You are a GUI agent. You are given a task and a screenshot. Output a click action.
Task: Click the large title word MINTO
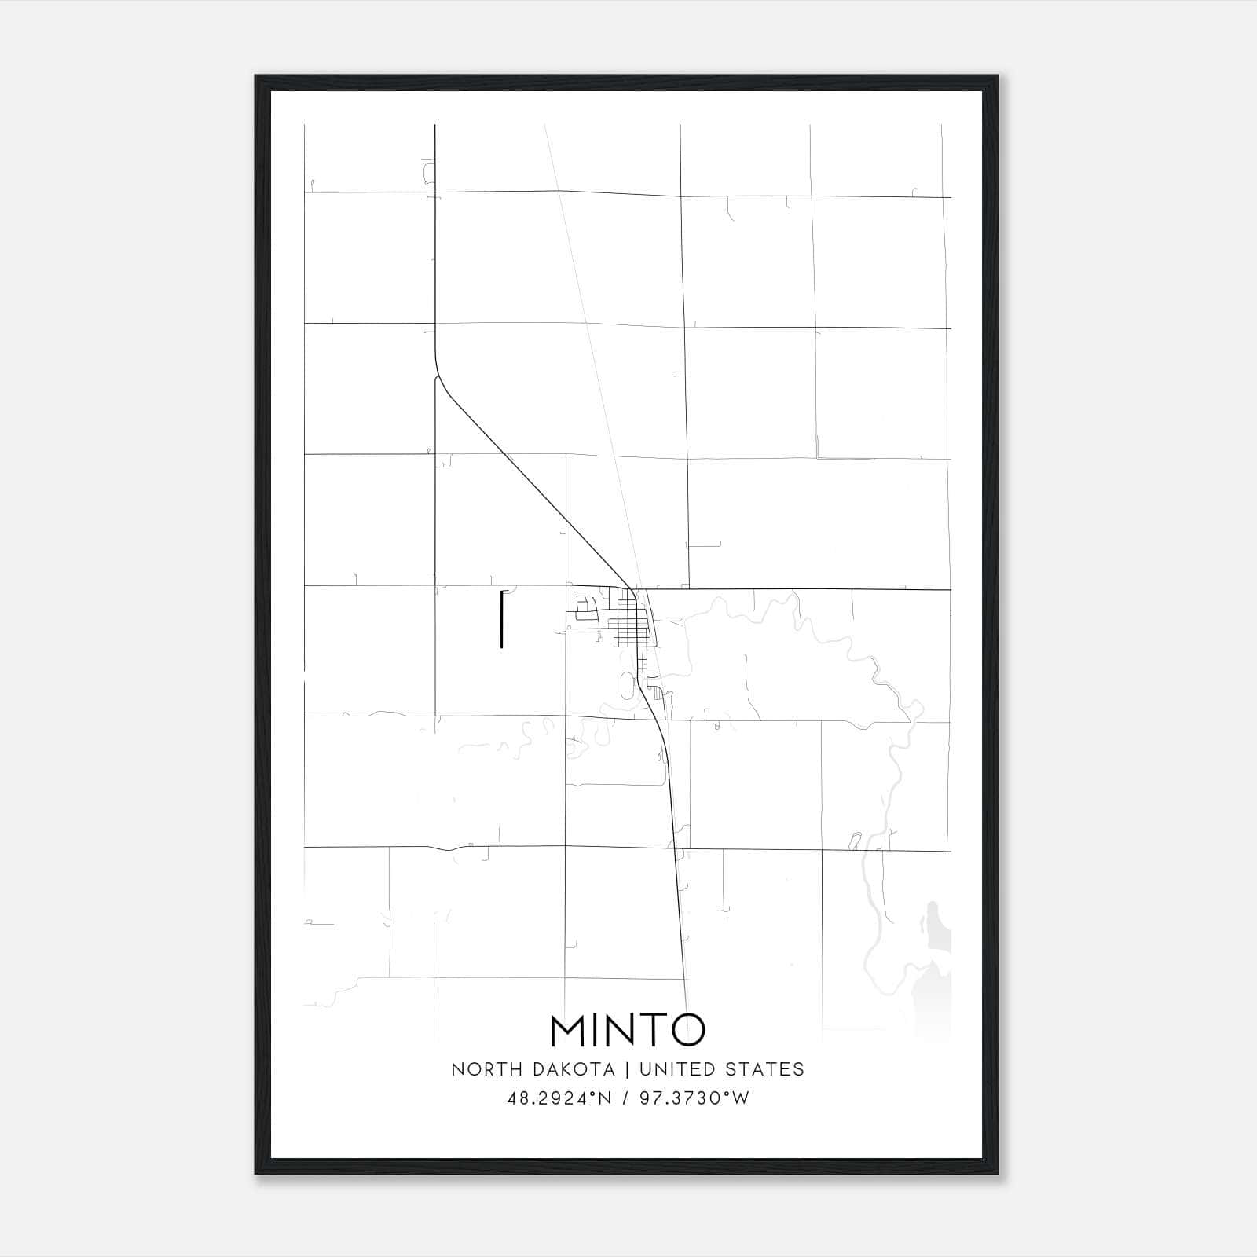coord(628,1030)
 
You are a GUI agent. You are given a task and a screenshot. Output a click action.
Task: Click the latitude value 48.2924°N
coord(559,1098)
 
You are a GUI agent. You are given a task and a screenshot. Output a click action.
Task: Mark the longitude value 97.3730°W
coord(694,1098)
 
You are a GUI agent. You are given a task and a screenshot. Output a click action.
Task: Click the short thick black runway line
coord(501,620)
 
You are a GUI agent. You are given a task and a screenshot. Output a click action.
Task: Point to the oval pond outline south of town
coord(626,686)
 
